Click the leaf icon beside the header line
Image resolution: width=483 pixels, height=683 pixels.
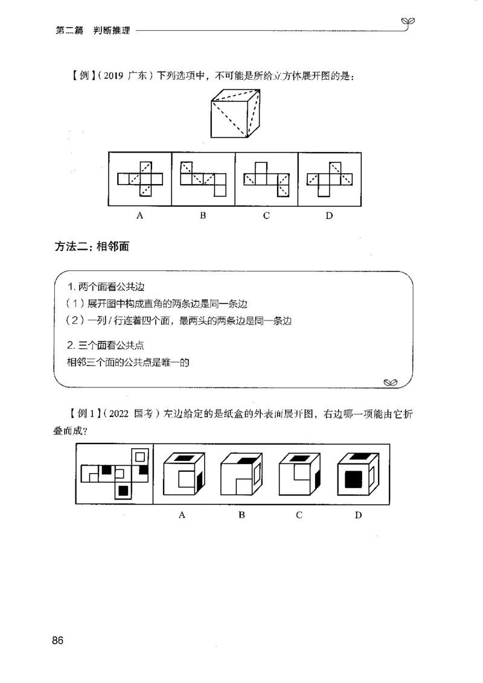pos(411,22)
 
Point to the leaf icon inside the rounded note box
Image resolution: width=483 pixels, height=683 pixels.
pos(390,381)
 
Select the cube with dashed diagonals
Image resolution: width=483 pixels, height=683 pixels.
pos(236,112)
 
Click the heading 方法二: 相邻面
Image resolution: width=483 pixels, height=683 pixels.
pos(92,246)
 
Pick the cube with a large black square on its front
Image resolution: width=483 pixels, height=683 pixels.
pos(357,474)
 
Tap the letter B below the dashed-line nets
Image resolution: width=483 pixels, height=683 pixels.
pos(203,215)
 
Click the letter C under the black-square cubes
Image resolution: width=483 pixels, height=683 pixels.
pos(299,515)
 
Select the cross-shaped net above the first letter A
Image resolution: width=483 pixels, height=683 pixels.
pos(140,179)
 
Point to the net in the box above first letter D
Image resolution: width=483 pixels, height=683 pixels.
pos(329,178)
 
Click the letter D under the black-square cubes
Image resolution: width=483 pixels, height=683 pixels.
pos(358,515)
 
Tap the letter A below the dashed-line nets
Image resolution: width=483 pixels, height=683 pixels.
pos(139,215)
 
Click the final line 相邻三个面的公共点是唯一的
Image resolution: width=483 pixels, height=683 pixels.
pos(129,362)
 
